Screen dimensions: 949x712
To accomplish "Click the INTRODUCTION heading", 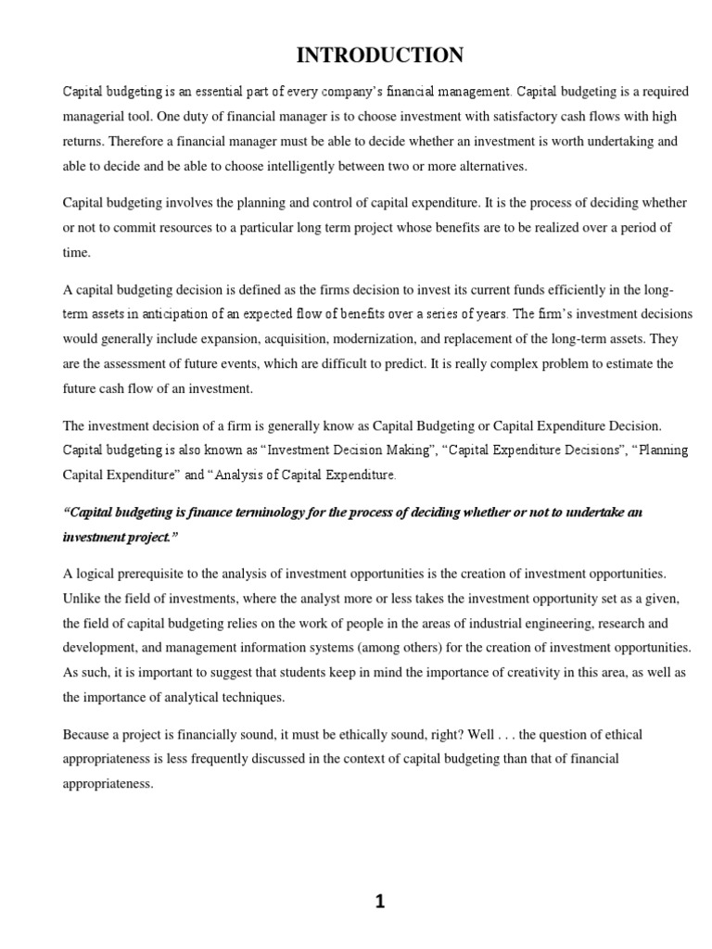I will click(x=380, y=56).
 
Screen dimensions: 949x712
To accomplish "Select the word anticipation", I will click(x=177, y=313).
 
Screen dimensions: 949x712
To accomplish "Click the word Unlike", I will click(x=82, y=598).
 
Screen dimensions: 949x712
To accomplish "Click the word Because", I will click(x=89, y=734).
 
